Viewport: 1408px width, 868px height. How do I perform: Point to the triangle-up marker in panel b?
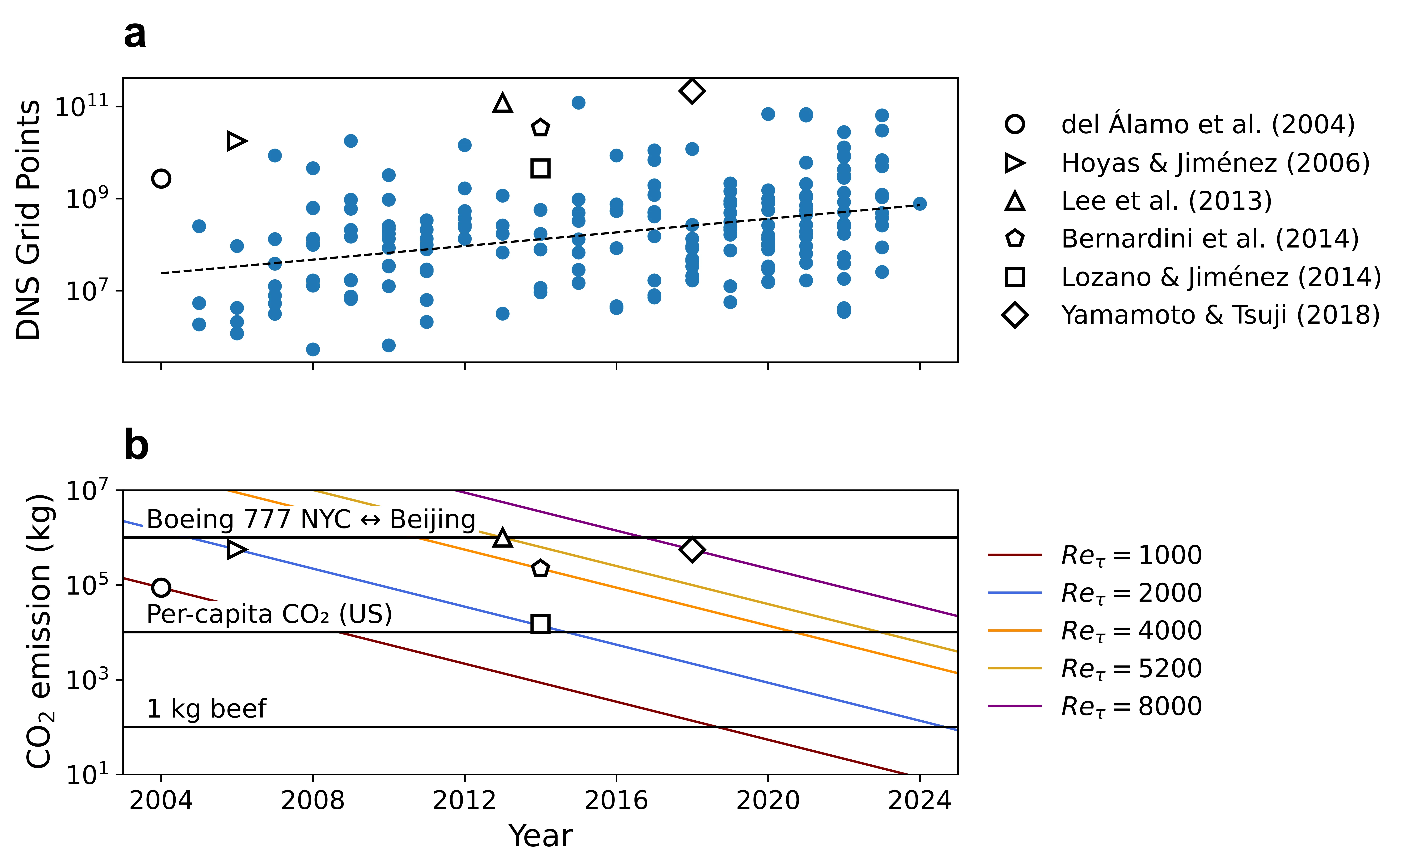(x=503, y=538)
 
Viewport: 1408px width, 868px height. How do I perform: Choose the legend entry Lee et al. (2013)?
(x=1166, y=201)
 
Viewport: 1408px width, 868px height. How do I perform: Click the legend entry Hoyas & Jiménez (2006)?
(x=1215, y=163)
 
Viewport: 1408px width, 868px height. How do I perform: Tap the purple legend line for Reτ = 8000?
(x=1015, y=706)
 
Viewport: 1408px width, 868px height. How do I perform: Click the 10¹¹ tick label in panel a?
(x=82, y=107)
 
